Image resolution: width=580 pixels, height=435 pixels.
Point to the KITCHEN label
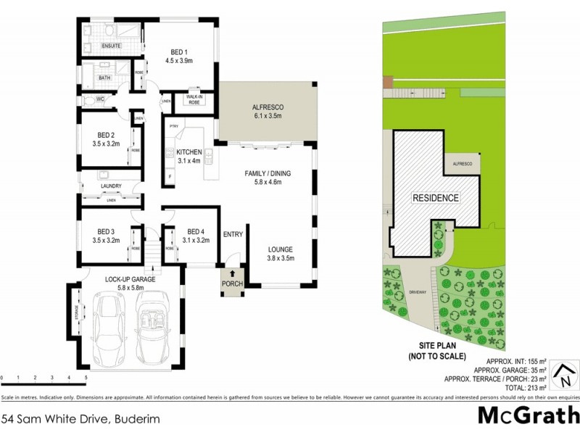coord(189,152)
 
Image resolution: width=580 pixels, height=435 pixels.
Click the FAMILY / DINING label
coord(267,174)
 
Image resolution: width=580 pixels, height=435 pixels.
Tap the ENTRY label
coord(233,233)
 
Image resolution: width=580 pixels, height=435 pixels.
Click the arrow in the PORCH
coord(232,274)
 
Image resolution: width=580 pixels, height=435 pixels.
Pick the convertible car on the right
coord(153,333)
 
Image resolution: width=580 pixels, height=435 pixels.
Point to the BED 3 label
coord(106,231)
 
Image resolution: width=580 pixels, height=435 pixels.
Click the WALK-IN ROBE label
coord(194,99)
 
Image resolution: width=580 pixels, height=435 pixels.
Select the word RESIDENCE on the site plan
coord(436,198)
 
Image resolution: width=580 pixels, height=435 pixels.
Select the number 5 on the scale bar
coord(86,378)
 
